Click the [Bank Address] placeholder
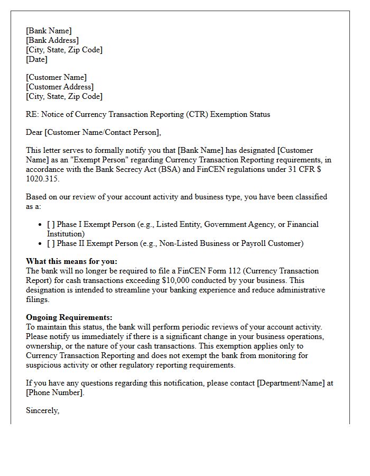point(52,40)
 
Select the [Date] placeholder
point(37,59)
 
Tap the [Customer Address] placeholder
point(60,87)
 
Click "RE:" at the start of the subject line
point(32,114)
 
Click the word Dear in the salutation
point(34,132)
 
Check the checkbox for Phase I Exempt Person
point(51,224)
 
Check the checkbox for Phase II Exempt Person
point(51,243)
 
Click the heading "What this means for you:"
point(71,261)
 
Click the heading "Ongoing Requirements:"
point(69,317)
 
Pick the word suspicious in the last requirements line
point(45,365)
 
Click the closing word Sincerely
point(42,410)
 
